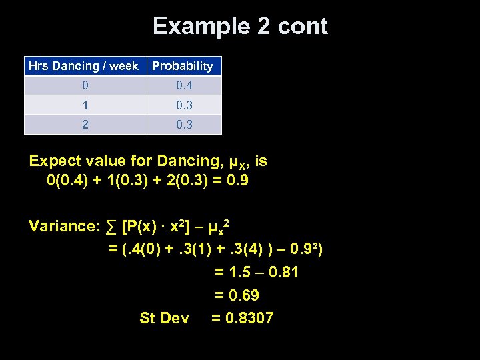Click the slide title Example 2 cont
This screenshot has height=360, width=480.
point(240,27)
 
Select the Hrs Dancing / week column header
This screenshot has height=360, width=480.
point(84,66)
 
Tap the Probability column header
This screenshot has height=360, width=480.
point(183,66)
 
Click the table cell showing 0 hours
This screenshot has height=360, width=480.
point(84,85)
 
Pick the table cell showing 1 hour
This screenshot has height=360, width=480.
point(84,105)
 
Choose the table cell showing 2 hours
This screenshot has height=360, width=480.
point(84,124)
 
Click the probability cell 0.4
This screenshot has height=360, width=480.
point(184,85)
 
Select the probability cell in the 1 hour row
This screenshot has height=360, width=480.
point(184,105)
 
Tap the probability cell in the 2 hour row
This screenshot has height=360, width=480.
point(184,124)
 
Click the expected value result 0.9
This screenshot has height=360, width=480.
point(237,181)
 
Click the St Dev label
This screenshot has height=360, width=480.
point(164,318)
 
